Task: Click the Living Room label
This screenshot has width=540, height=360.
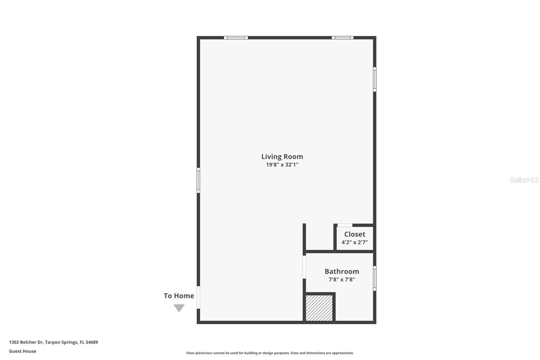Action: click(282, 156)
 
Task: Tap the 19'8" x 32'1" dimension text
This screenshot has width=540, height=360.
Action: click(282, 165)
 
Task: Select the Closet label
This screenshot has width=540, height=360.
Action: click(354, 234)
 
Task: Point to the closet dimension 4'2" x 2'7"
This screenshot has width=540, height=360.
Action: click(354, 242)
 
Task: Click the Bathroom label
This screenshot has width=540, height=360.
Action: click(342, 271)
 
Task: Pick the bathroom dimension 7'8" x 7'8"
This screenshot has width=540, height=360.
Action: click(342, 279)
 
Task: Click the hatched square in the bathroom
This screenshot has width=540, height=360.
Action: click(319, 308)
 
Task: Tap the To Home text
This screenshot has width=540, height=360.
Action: click(179, 296)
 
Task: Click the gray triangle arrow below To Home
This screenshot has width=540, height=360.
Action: click(179, 308)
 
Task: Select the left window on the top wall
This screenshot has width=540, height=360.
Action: click(236, 38)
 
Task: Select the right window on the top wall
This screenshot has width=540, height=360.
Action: click(342, 38)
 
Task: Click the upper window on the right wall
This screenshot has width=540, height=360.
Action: click(375, 79)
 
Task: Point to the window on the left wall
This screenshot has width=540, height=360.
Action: click(198, 180)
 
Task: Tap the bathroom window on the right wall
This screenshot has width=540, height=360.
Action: click(375, 278)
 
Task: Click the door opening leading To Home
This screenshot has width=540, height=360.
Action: click(198, 298)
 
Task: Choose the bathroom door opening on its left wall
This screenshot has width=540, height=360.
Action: click(304, 267)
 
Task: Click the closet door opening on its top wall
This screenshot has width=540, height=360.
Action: click(345, 225)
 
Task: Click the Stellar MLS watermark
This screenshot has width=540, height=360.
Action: click(524, 180)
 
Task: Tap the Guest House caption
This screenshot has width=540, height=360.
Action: click(23, 351)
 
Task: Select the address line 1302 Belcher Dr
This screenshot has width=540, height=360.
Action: click(53, 342)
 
